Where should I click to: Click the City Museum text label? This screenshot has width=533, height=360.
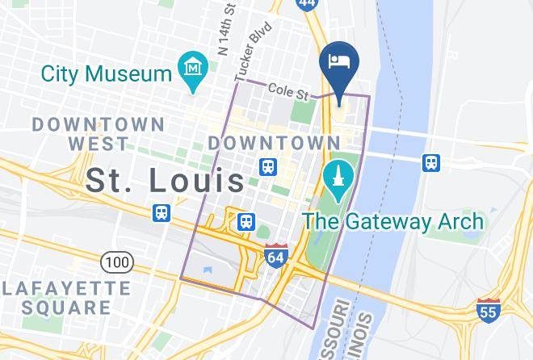tap(107, 73)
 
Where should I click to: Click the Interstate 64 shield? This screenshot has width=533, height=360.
tap(275, 255)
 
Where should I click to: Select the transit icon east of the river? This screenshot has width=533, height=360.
tap(432, 163)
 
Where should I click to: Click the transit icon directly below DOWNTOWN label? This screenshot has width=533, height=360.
tap(267, 167)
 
